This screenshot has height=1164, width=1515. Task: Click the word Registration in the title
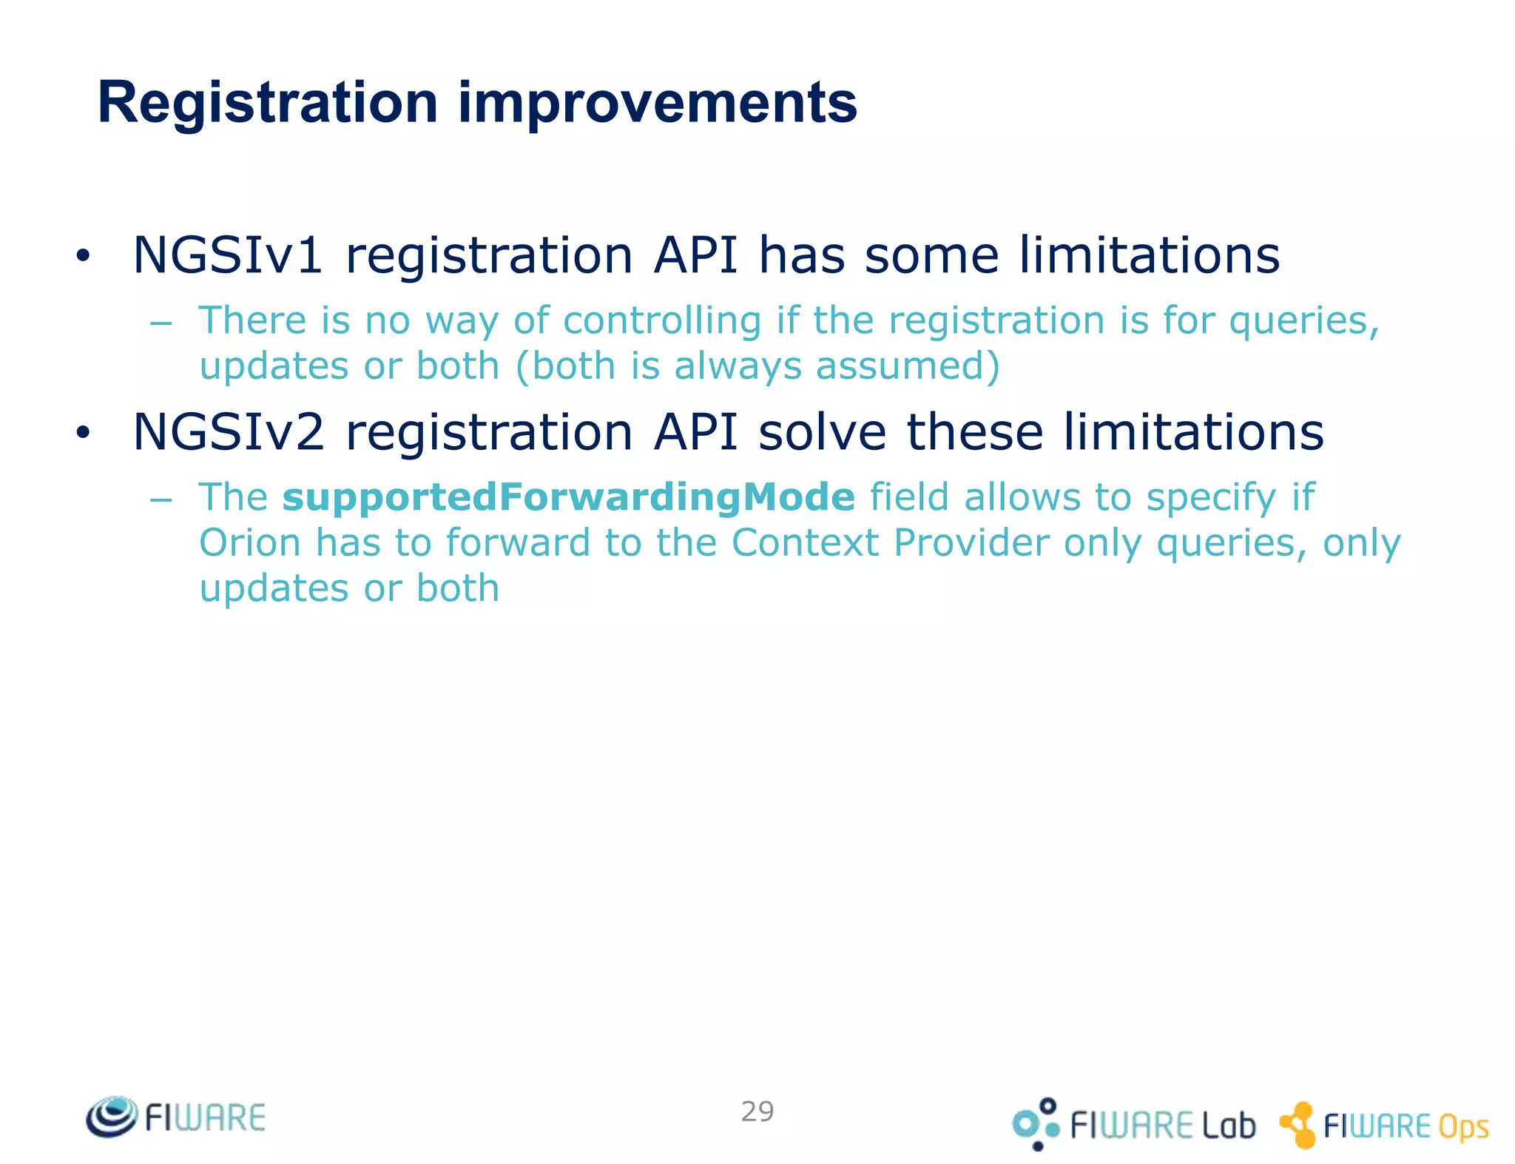(x=268, y=103)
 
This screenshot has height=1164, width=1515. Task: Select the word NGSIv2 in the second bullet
(x=228, y=432)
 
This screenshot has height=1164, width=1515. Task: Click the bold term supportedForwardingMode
(x=568, y=497)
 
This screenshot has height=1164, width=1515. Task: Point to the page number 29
(x=757, y=1111)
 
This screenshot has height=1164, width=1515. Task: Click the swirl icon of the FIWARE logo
(x=112, y=1117)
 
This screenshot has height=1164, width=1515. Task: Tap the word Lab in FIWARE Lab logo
(x=1228, y=1126)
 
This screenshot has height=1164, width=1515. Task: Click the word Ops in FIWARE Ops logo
(x=1463, y=1127)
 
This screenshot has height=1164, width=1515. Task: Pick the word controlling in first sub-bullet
(x=661, y=320)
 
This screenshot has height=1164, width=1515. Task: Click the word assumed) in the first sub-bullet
(x=908, y=366)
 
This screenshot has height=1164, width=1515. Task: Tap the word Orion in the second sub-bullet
(x=250, y=543)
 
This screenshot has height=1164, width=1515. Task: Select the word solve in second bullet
(x=822, y=432)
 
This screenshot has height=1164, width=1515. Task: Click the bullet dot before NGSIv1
(x=82, y=257)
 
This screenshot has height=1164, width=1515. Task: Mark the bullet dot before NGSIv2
(x=82, y=434)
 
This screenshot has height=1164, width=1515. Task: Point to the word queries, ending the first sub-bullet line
(x=1304, y=322)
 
